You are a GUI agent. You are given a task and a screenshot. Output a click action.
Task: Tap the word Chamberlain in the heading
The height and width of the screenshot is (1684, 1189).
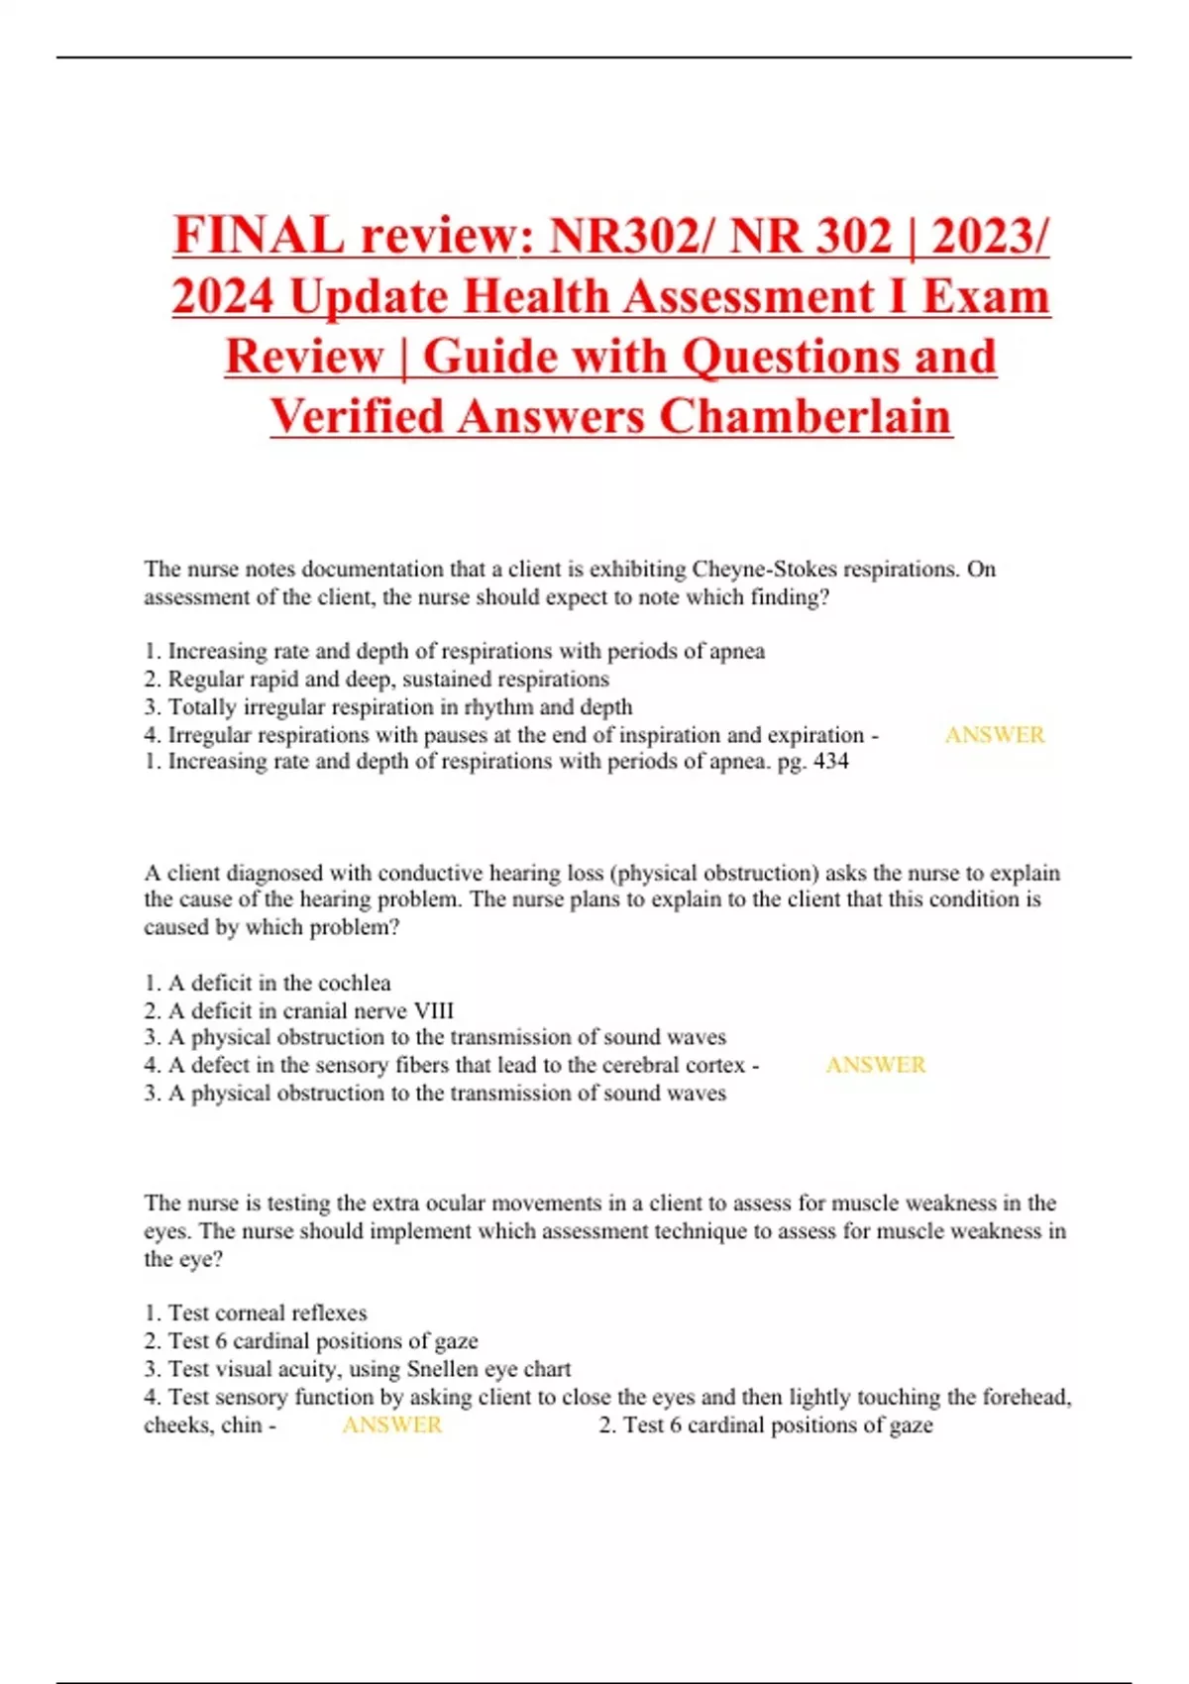(x=805, y=416)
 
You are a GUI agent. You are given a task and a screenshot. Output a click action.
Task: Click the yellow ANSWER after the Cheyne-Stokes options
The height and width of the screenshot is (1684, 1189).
(x=994, y=735)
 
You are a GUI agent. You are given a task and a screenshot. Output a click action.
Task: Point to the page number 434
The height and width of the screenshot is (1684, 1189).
(x=830, y=762)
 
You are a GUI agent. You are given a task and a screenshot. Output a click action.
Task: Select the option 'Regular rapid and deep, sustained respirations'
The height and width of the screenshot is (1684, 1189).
(x=387, y=680)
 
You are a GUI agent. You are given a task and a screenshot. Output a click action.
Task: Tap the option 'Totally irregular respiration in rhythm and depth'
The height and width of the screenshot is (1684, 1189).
(x=399, y=707)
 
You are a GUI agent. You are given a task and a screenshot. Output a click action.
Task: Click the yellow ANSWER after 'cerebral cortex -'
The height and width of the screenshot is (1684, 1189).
(x=875, y=1065)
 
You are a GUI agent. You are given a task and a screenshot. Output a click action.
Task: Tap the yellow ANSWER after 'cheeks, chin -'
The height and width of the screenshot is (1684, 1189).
(x=391, y=1424)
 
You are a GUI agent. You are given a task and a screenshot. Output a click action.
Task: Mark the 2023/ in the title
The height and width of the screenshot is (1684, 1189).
(x=990, y=236)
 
